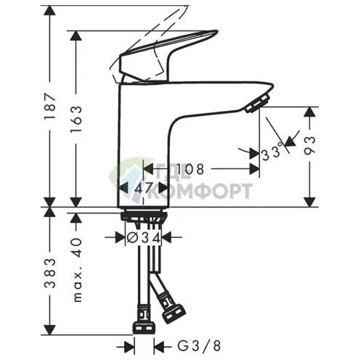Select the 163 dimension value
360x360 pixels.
[x=76, y=119]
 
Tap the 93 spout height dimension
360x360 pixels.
[x=310, y=145]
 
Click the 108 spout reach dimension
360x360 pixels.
[x=189, y=169]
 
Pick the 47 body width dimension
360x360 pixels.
[x=144, y=187]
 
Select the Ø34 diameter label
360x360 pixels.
[x=144, y=238]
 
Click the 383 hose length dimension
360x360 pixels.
[x=50, y=273]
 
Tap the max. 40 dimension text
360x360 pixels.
[x=77, y=270]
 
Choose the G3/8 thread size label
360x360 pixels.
[x=199, y=345]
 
